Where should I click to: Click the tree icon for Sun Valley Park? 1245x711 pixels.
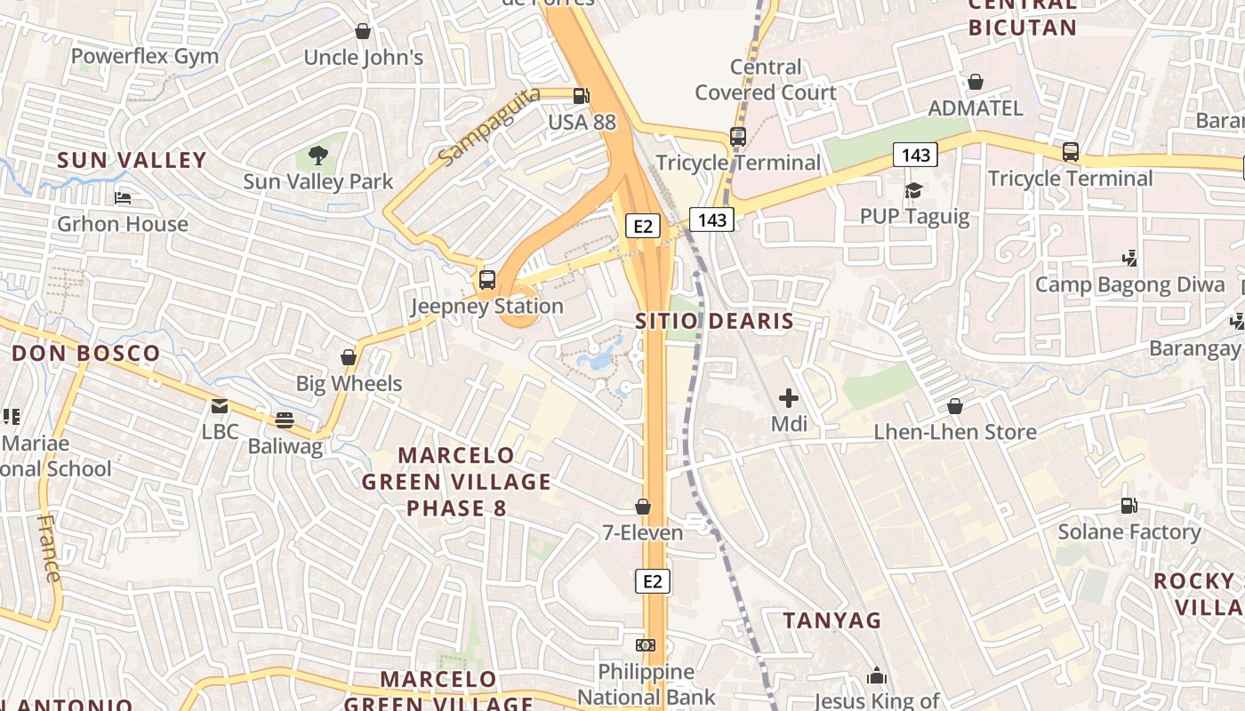[317, 156]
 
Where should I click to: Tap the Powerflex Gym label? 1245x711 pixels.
[145, 57]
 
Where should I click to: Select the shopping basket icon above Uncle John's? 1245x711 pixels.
[363, 32]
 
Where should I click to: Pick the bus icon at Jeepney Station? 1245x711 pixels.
[487, 280]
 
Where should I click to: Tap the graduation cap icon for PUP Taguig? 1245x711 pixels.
[913, 190]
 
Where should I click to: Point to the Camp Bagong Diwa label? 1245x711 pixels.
[1129, 285]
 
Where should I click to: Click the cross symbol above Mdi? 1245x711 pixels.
[789, 398]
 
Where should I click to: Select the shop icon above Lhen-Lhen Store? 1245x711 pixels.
[955, 406]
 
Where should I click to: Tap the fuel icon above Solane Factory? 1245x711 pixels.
[1129, 506]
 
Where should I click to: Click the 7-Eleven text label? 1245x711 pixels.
[643, 533]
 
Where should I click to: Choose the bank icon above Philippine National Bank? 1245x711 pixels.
[647, 645]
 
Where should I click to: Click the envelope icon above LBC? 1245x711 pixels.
[219, 406]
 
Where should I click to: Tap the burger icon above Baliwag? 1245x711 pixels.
[285, 419]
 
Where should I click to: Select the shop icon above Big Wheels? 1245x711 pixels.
[349, 357]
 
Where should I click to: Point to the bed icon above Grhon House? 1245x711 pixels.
[123, 197]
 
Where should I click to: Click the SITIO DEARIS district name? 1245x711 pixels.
[714, 321]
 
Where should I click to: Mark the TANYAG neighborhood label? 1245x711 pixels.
[831, 620]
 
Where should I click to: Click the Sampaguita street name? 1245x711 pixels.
[488, 126]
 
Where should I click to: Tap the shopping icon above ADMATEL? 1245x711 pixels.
[976, 82]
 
